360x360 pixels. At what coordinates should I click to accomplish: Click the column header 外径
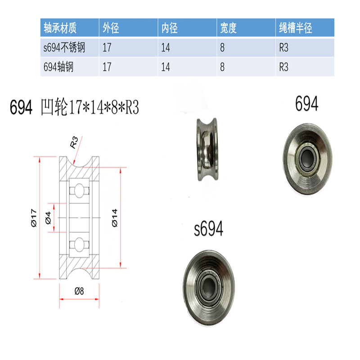tap(111, 28)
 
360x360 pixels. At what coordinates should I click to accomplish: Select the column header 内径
tap(170, 28)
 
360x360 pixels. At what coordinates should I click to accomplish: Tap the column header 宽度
tap(228, 28)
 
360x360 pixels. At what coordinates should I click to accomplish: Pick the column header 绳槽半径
tap(295, 28)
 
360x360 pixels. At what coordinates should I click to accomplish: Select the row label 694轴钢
tap(58, 67)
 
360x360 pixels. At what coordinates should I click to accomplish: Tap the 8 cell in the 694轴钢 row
tap(222, 67)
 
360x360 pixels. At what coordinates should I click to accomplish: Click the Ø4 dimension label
tap(48, 217)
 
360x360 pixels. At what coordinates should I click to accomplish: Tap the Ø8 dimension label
tap(79, 290)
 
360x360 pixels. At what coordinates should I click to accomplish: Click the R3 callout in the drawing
tap(75, 144)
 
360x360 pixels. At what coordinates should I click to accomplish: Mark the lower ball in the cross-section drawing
tap(79, 245)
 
